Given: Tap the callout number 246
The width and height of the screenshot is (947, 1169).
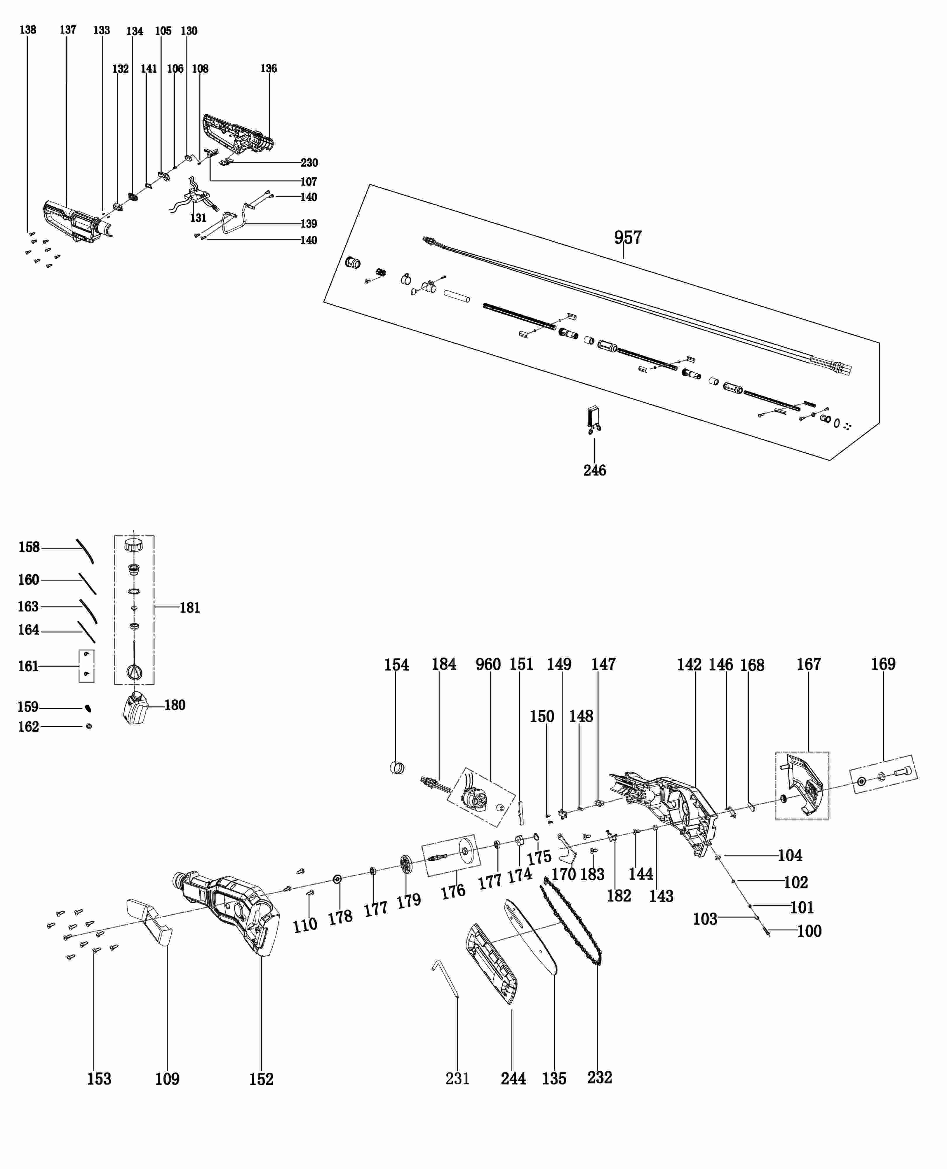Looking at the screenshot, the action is (595, 470).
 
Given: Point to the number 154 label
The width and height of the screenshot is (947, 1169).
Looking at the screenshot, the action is (396, 665).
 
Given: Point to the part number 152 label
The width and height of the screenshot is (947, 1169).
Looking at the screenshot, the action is (261, 1079).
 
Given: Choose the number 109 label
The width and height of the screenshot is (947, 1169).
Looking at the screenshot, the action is (167, 1079).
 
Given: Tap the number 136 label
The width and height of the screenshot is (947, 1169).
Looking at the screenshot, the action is (268, 68).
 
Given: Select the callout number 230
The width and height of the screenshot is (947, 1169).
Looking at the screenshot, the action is (309, 162).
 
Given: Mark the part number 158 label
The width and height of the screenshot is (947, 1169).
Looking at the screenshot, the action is (29, 547).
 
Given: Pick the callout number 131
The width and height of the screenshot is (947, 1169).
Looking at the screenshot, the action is (198, 218).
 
